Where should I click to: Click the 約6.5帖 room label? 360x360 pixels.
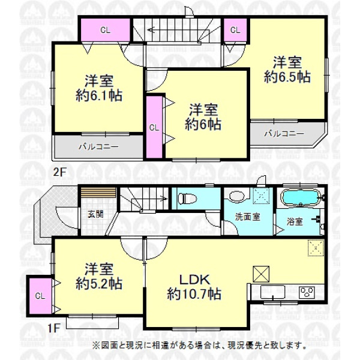click(287, 77)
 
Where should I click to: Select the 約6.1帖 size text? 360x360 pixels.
click(99, 95)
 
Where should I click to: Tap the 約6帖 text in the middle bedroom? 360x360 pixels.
click(203, 124)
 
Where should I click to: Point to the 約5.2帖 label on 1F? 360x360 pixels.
click(99, 284)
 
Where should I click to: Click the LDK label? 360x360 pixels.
click(194, 280)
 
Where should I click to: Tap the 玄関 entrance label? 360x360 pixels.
click(95, 214)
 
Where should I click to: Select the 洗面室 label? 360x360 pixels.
click(247, 217)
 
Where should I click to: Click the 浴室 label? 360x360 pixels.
click(295, 222)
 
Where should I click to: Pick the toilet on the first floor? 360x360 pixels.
click(188, 199)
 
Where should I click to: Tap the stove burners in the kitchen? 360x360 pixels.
click(307, 292)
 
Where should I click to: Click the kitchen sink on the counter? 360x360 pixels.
click(273, 292)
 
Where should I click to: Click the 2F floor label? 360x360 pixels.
click(59, 172)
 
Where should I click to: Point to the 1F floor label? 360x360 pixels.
click(54, 328)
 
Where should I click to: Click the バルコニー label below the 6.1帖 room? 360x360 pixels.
click(99, 146)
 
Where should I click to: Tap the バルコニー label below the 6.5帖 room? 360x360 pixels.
click(284, 134)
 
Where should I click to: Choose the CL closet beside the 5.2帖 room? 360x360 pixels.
click(40, 296)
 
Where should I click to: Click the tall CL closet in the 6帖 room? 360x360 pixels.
click(154, 127)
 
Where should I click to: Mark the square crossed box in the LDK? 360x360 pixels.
click(261, 274)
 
